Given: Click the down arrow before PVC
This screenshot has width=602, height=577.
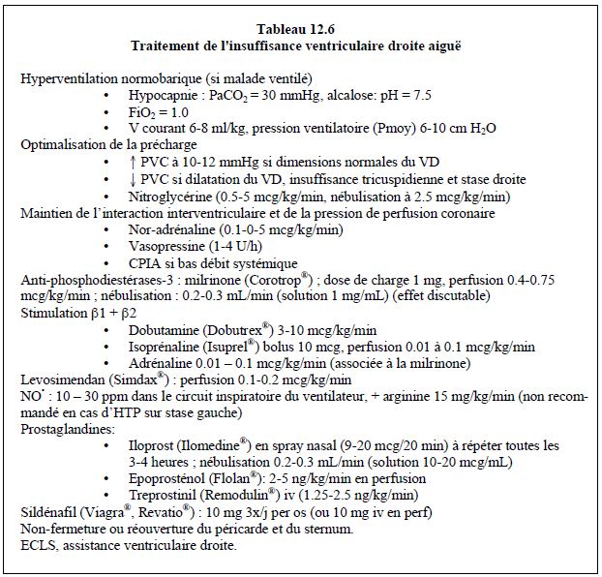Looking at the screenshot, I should click(x=132, y=179).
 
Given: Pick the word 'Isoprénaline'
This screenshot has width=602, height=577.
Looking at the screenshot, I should click(x=166, y=348).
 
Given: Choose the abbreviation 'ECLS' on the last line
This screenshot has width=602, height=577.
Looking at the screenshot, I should click(x=39, y=547).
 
